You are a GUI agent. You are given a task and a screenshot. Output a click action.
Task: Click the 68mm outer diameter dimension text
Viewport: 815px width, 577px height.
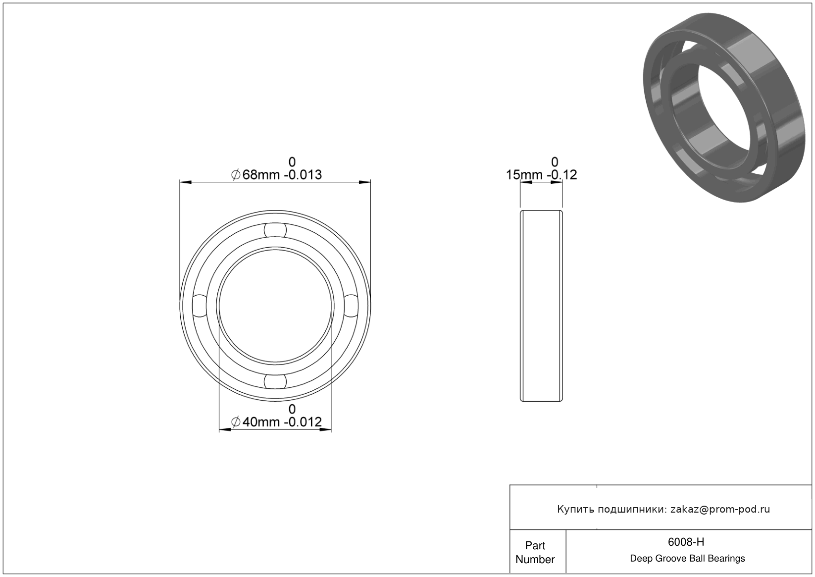[x=261, y=175]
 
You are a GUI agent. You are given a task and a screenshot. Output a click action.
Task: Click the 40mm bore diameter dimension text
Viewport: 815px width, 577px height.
[x=261, y=422]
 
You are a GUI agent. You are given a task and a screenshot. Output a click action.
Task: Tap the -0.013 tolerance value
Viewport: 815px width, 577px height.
[x=303, y=175]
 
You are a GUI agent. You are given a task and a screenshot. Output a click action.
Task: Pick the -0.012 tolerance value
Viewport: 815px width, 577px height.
[x=303, y=422]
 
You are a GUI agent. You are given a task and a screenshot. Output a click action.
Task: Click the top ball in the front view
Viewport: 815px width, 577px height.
[x=275, y=230]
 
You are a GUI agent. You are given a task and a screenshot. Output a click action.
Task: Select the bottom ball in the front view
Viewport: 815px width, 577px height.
[x=275, y=381]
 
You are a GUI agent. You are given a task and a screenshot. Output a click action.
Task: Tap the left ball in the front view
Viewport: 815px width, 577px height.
[x=200, y=306]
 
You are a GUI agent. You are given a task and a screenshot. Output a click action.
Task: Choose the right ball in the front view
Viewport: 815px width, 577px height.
[x=351, y=306]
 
